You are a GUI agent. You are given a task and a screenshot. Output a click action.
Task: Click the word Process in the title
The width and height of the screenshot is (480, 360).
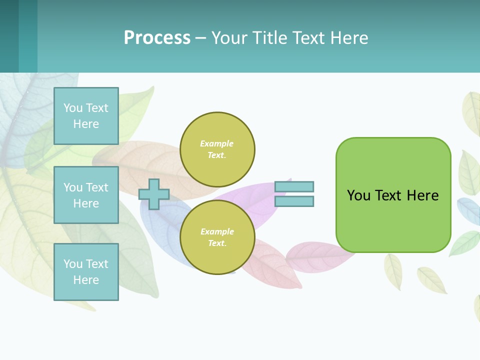pyautogui.click(x=157, y=38)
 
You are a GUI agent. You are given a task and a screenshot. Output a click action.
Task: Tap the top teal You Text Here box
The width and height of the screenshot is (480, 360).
pyautogui.click(x=86, y=116)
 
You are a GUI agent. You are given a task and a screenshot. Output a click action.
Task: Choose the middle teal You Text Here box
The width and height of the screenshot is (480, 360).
pyautogui.click(x=86, y=195)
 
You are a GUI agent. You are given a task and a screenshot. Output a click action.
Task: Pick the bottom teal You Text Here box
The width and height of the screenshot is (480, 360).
pyautogui.click(x=86, y=272)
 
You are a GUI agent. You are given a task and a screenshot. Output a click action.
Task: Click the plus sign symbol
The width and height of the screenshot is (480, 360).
pyautogui.click(x=154, y=194)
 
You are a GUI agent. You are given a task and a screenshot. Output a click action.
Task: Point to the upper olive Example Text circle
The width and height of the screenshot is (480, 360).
pyautogui.click(x=217, y=149)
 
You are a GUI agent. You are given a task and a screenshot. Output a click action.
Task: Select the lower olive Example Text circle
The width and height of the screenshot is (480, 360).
pyautogui.click(x=217, y=237)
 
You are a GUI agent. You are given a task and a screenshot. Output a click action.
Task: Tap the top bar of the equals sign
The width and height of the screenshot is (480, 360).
pyautogui.click(x=294, y=186)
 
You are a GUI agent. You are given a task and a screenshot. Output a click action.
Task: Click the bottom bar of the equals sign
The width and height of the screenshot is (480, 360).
pyautogui.click(x=294, y=201)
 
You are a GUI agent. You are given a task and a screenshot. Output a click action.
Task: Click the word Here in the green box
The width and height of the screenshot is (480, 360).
pyautogui.click(x=422, y=195)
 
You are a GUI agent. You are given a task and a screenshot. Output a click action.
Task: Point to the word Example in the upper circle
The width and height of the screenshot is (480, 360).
pyautogui.click(x=217, y=143)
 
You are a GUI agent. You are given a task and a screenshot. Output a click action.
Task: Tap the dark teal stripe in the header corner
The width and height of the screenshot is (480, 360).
pyautogui.click(x=9, y=36)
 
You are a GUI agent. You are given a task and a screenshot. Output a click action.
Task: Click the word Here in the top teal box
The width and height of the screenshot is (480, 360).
pyautogui.click(x=86, y=124)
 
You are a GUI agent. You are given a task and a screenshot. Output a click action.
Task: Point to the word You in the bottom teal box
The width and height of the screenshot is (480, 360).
pyautogui.click(x=73, y=264)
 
